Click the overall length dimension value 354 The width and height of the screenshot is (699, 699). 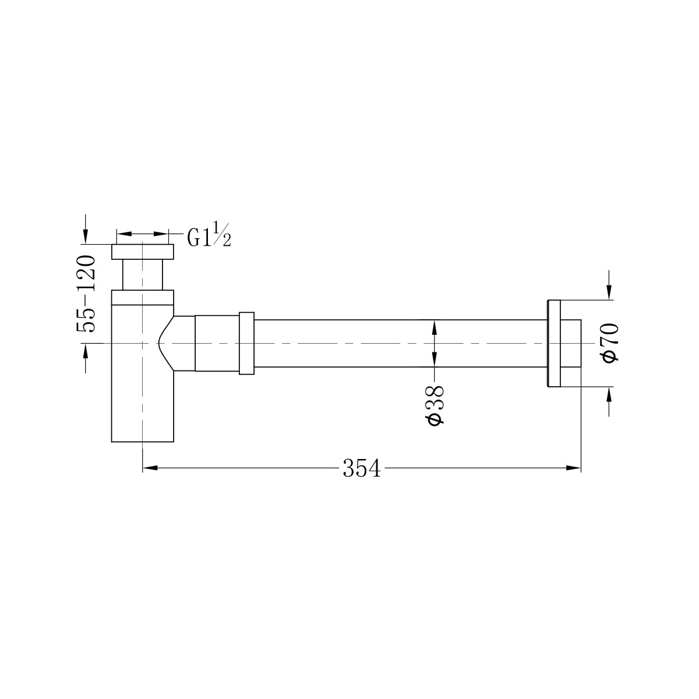361,468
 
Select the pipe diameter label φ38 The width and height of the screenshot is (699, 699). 436,405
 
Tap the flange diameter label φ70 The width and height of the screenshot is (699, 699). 610,344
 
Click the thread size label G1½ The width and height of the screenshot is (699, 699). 209,236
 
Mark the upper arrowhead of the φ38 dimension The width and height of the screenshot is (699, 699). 434,326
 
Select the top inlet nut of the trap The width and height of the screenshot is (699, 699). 143,252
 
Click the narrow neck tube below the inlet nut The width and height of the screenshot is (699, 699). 143,274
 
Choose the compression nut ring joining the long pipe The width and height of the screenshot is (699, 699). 246,343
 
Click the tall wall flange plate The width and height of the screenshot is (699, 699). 553,343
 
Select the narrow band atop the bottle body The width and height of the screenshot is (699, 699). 143,297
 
